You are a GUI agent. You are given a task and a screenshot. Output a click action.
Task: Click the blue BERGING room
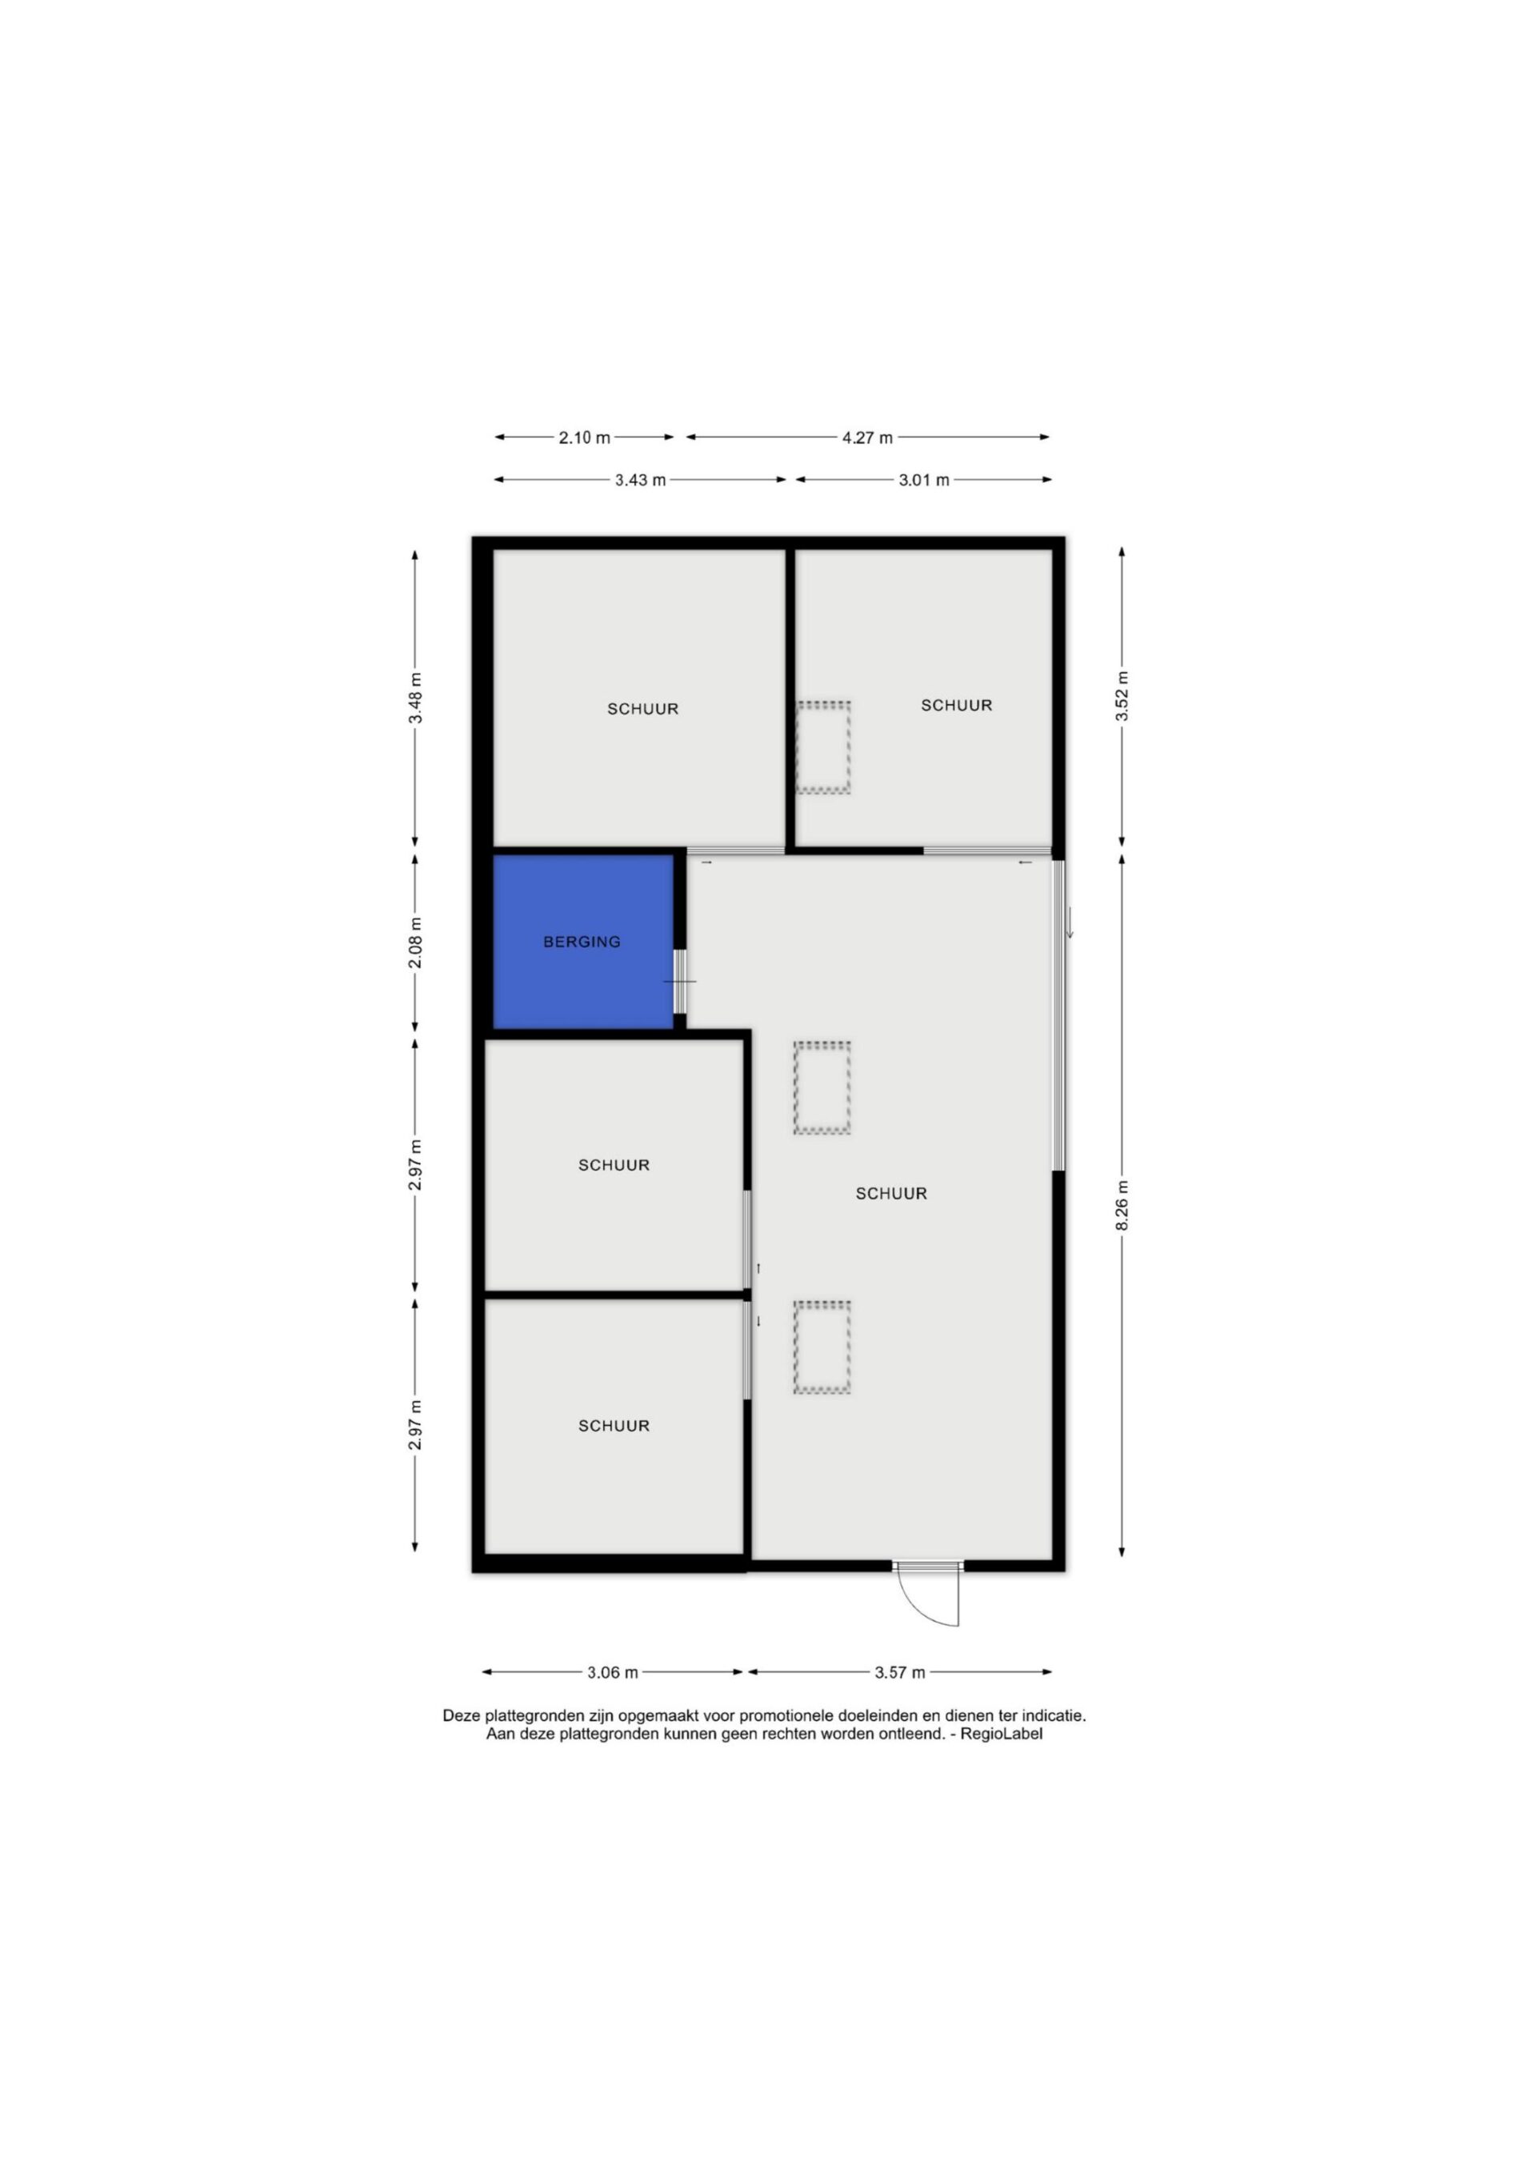click(x=583, y=941)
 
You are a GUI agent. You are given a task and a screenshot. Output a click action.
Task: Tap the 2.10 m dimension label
click(x=584, y=438)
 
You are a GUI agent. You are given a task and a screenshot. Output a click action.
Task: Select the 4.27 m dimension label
click(x=867, y=438)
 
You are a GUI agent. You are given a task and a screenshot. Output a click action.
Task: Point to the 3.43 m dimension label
click(x=640, y=480)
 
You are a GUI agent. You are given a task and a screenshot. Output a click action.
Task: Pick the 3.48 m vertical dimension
click(x=414, y=698)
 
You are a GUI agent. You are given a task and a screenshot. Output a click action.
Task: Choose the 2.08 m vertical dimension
click(x=414, y=942)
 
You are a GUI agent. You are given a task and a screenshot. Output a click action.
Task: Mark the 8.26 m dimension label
click(x=1122, y=1206)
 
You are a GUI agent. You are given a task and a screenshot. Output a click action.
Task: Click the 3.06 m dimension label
click(x=612, y=1672)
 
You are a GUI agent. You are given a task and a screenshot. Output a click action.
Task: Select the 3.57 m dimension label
click(x=899, y=1672)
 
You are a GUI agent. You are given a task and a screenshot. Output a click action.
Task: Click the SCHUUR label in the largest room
click(x=890, y=1194)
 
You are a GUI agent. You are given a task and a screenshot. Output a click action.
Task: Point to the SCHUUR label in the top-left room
click(x=642, y=709)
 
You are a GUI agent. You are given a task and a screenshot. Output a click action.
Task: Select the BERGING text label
click(x=582, y=942)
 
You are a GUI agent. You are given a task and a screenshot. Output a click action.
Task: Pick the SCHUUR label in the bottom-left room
click(x=614, y=1427)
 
